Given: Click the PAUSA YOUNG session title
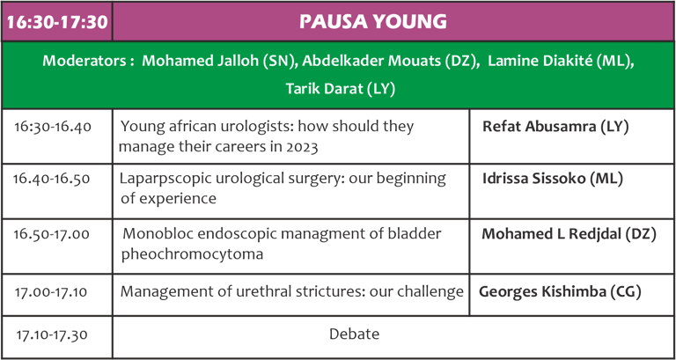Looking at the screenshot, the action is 373,22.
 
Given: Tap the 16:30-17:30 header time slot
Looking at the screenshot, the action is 57,22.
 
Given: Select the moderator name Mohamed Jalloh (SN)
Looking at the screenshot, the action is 219,62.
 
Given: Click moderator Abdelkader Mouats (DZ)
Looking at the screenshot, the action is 391,62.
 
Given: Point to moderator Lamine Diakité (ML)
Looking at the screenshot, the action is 561,62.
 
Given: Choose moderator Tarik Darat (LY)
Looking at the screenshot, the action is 341,89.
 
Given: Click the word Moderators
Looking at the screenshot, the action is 85,62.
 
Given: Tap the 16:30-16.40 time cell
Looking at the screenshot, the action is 53,127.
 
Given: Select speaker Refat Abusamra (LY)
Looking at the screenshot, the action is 555,127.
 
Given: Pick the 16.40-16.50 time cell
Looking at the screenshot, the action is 52,179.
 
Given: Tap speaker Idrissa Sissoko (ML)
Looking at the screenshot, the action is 553,179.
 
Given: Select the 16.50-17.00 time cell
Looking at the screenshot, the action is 52,234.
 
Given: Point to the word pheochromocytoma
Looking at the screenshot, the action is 192,254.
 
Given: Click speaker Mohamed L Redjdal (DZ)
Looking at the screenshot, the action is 569,233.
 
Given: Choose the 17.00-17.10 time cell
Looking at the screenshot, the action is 51,292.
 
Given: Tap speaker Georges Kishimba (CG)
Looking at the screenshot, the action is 560,292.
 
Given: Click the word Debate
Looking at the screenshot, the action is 355,334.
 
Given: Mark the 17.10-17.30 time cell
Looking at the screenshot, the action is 52,334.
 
